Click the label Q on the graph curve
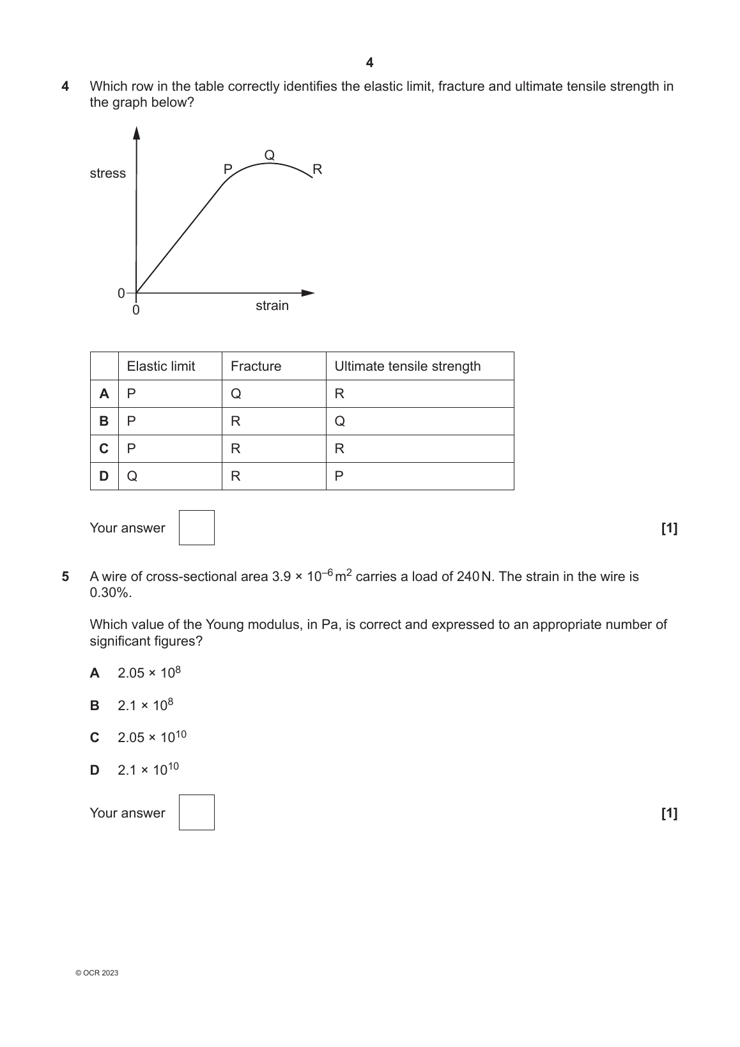coord(270,155)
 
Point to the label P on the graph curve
coord(227,169)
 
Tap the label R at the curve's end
coord(317,169)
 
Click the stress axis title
coord(108,173)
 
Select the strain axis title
coord(272,306)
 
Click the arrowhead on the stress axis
coord(136,132)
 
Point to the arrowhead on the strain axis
coord(309,293)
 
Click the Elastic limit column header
coord(161,366)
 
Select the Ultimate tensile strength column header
coord(408,366)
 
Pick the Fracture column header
coord(256,366)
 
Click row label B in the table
coord(104,421)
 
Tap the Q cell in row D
coord(132,476)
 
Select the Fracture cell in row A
coord(236,394)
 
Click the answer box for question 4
coord(197,528)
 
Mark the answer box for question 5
coord(197,812)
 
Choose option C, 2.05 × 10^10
coord(151,737)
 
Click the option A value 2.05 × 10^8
coord(150,672)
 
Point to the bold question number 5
coord(65,577)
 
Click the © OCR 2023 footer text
coord(96,973)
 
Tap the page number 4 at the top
coord(370,63)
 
